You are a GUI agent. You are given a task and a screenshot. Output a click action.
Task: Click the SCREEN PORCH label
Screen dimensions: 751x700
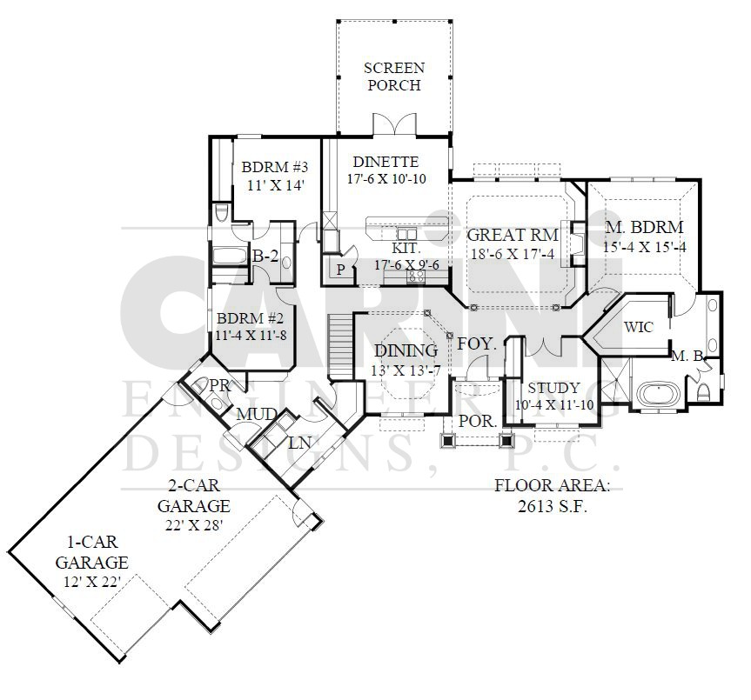393,77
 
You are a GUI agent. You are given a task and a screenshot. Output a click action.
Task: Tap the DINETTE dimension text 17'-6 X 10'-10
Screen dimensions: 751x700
386,179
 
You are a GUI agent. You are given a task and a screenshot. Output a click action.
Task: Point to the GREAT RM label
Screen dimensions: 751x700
513,235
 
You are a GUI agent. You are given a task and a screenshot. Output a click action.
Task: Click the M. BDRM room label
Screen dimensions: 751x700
644,227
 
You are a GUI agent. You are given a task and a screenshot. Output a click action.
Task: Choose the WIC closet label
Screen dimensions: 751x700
639,327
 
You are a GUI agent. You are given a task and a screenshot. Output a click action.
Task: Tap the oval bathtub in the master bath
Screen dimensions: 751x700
660,394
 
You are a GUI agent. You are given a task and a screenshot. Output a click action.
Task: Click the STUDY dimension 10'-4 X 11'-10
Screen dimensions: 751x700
554,405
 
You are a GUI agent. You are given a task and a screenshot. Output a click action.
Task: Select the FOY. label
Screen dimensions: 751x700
476,343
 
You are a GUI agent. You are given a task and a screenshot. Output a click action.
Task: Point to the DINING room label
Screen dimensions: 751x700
406,350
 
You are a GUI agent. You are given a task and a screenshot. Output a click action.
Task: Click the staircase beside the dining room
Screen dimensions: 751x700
340,347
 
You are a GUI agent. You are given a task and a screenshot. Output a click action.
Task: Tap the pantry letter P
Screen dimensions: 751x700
340,270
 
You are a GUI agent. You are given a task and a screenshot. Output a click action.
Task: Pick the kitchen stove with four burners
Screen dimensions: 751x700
416,277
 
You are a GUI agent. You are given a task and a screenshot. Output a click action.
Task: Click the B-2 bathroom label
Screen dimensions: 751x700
265,257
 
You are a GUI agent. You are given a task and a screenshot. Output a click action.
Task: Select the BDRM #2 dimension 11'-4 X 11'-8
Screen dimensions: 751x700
251,336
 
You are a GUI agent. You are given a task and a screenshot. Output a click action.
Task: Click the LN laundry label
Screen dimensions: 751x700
299,443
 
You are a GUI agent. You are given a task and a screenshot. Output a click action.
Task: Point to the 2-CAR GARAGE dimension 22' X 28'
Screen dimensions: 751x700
194,525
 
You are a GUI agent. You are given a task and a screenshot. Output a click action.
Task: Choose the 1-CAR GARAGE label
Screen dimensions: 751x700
92,552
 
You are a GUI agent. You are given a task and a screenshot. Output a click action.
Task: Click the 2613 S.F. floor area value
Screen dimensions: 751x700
553,506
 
